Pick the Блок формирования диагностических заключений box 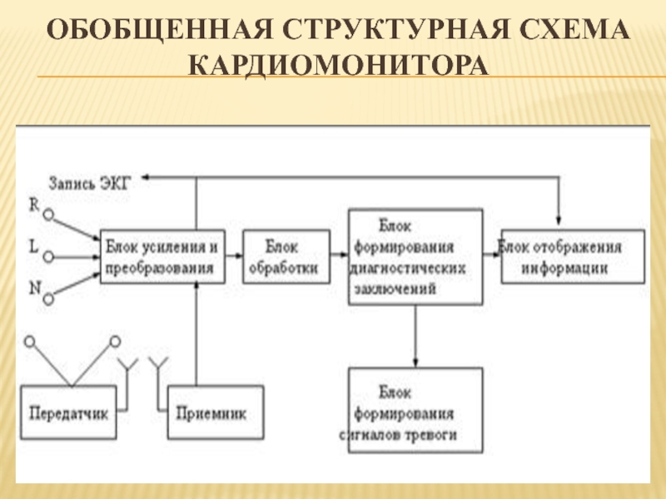click(415, 257)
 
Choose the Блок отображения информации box click(573, 258)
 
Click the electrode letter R click(34, 203)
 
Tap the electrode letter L click(34, 246)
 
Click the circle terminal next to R click(49, 215)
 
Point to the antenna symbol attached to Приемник click(157, 366)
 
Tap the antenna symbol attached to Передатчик click(127, 366)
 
